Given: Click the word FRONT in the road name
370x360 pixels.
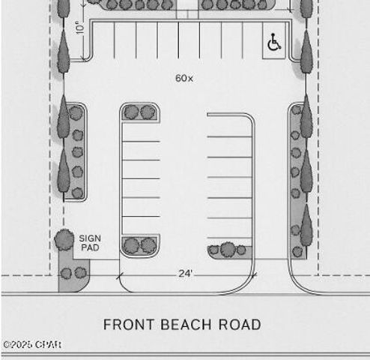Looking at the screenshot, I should coord(125,325).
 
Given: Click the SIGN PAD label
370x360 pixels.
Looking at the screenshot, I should coord(89,243).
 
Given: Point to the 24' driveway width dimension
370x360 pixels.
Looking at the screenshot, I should coord(186,274).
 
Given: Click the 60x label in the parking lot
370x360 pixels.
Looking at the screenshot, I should coord(184,78).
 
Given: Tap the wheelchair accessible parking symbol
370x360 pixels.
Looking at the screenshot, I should coord(273,43).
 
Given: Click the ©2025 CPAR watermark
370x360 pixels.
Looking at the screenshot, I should coord(31,345).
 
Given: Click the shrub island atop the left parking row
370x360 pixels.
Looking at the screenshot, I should coord(140,112).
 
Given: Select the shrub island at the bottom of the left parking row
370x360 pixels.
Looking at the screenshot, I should coord(140,245).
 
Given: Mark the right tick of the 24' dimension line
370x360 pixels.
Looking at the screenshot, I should coord(254,276).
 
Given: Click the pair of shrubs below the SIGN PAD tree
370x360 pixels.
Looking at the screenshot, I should coord(73,272).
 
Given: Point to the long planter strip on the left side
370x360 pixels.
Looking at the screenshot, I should coord(76,152).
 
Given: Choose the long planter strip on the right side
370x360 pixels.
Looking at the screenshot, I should coord(298,180).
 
